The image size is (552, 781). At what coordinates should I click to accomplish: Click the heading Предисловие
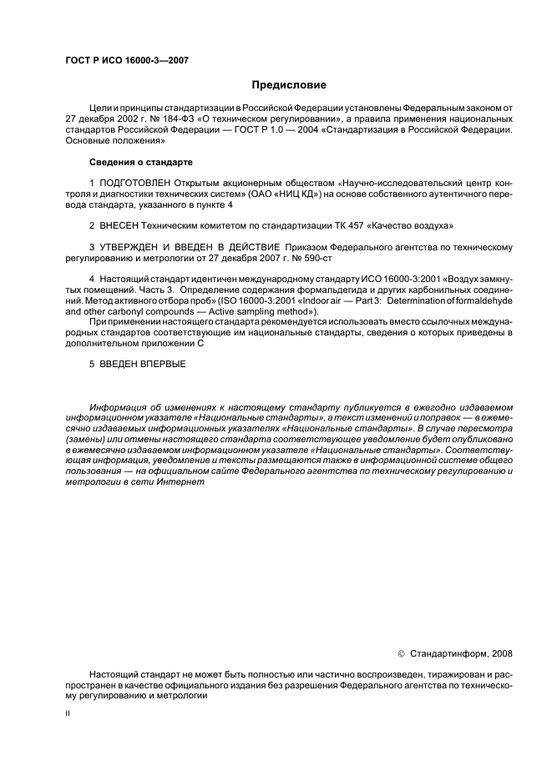(289, 85)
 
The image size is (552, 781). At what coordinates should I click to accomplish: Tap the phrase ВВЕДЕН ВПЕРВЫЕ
(143, 364)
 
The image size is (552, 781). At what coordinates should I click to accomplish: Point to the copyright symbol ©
(400, 653)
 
